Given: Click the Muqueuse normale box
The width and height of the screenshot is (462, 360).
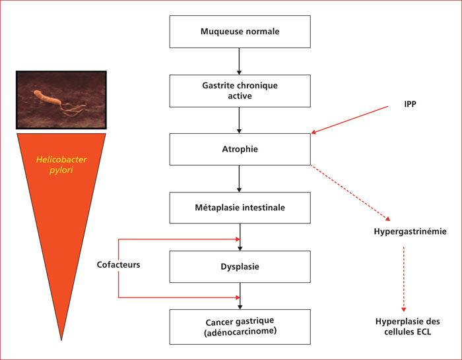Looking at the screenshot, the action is [x=240, y=32].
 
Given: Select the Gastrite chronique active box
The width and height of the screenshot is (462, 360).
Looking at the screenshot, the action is [x=240, y=91].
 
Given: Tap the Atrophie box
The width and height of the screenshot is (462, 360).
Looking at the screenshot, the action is [x=240, y=149].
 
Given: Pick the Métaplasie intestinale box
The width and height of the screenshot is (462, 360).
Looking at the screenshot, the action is [x=240, y=208].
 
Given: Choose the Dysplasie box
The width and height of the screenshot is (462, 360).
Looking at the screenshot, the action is [x=240, y=266].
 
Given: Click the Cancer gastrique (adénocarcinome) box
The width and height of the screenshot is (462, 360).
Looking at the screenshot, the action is [x=240, y=327].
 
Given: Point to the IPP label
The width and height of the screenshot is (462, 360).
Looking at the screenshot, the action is [x=410, y=104].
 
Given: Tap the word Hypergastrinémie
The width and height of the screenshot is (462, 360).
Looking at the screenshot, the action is [x=410, y=231].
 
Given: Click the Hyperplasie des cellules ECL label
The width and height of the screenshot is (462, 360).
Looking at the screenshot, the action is [x=407, y=326].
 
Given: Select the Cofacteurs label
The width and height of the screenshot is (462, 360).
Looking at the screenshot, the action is [x=118, y=264].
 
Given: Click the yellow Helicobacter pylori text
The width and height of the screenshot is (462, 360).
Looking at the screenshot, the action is [x=61, y=165].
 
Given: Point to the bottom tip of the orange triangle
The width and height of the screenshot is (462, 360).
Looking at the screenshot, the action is [x=61, y=340].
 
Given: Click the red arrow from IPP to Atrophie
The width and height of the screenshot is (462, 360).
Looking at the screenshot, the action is [x=350, y=120].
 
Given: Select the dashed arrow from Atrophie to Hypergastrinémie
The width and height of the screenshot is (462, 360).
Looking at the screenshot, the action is [x=350, y=193].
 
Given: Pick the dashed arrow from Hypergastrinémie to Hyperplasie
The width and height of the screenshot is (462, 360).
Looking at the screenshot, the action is [x=404, y=279].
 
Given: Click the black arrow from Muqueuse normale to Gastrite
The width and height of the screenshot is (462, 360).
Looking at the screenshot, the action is [x=239, y=61].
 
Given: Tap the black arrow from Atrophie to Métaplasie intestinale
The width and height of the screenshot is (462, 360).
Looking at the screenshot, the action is [x=239, y=179].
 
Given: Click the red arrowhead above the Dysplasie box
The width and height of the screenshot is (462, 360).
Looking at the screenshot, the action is [x=238, y=239].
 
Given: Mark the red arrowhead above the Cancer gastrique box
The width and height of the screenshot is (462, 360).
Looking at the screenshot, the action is [x=238, y=297].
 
